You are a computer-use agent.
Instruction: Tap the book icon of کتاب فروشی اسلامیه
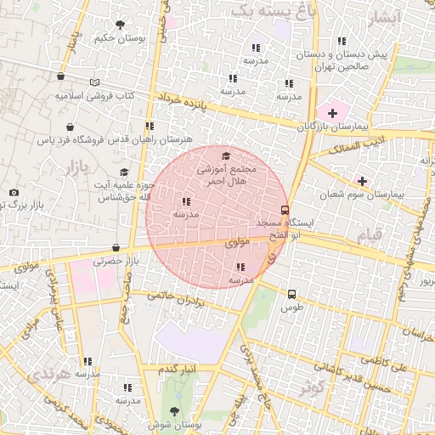coord(95,83)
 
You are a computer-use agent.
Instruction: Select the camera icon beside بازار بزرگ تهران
coord(14,193)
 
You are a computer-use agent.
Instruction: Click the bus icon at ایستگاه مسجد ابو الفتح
coord(285,210)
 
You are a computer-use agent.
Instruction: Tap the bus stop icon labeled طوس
coord(292,293)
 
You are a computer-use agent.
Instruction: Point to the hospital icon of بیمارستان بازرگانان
coord(331,113)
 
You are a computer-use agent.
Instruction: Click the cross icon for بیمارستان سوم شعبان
coord(363,181)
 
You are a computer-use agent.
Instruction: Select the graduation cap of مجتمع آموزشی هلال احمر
coord(225,155)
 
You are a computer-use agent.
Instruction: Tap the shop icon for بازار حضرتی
coord(116,248)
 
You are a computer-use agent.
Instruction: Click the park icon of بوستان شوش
coord(177,410)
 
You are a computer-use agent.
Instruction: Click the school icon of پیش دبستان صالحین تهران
coord(342,41)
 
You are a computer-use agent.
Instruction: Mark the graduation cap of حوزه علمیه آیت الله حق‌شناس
coord(124,172)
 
